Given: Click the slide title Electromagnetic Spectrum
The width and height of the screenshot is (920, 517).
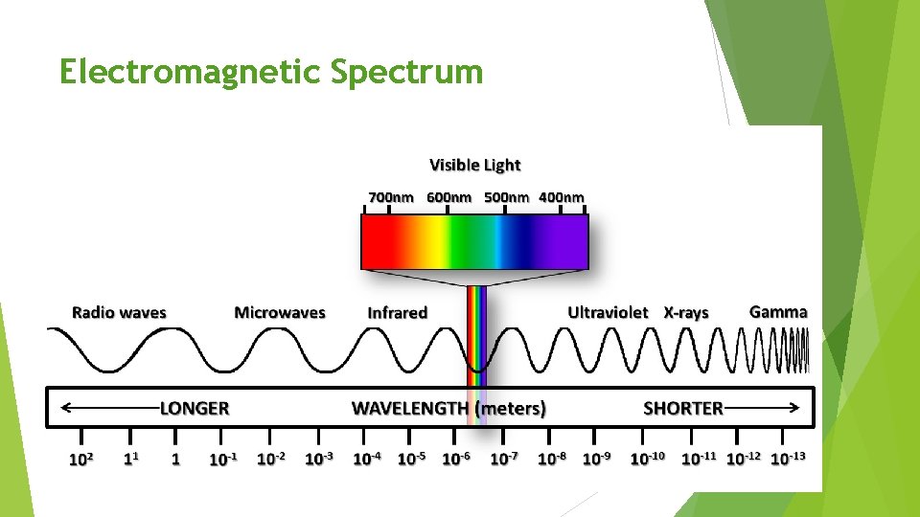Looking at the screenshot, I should (x=271, y=72).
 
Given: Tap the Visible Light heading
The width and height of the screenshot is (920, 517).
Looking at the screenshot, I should (x=474, y=166).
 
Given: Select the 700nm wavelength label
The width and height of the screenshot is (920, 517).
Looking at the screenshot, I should (x=391, y=198).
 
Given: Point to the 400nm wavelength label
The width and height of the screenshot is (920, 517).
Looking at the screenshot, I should (x=561, y=198).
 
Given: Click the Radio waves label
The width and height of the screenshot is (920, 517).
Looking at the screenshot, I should (x=119, y=313).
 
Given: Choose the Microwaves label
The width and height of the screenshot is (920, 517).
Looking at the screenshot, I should (x=280, y=313).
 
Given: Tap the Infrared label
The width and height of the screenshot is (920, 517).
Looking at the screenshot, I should (x=397, y=313).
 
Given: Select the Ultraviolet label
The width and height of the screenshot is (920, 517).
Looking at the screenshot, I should (x=608, y=313).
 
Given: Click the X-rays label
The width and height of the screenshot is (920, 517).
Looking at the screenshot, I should (x=686, y=313).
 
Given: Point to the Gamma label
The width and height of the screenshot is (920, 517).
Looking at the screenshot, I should (x=778, y=312).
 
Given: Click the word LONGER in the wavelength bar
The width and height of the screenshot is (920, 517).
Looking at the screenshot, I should (x=195, y=409).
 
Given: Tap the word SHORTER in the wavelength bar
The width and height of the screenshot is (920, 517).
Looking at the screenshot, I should (x=683, y=409).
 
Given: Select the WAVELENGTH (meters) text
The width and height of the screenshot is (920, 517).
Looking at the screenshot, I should (x=449, y=409).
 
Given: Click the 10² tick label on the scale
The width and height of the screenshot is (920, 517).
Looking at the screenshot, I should (x=80, y=459).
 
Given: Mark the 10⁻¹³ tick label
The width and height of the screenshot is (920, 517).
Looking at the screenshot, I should (x=788, y=459).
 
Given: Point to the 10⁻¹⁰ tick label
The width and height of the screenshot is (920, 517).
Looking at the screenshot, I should (x=647, y=459).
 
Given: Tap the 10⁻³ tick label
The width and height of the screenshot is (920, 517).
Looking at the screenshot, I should (x=318, y=459).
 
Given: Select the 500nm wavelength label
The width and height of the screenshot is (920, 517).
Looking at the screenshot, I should (x=507, y=198).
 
